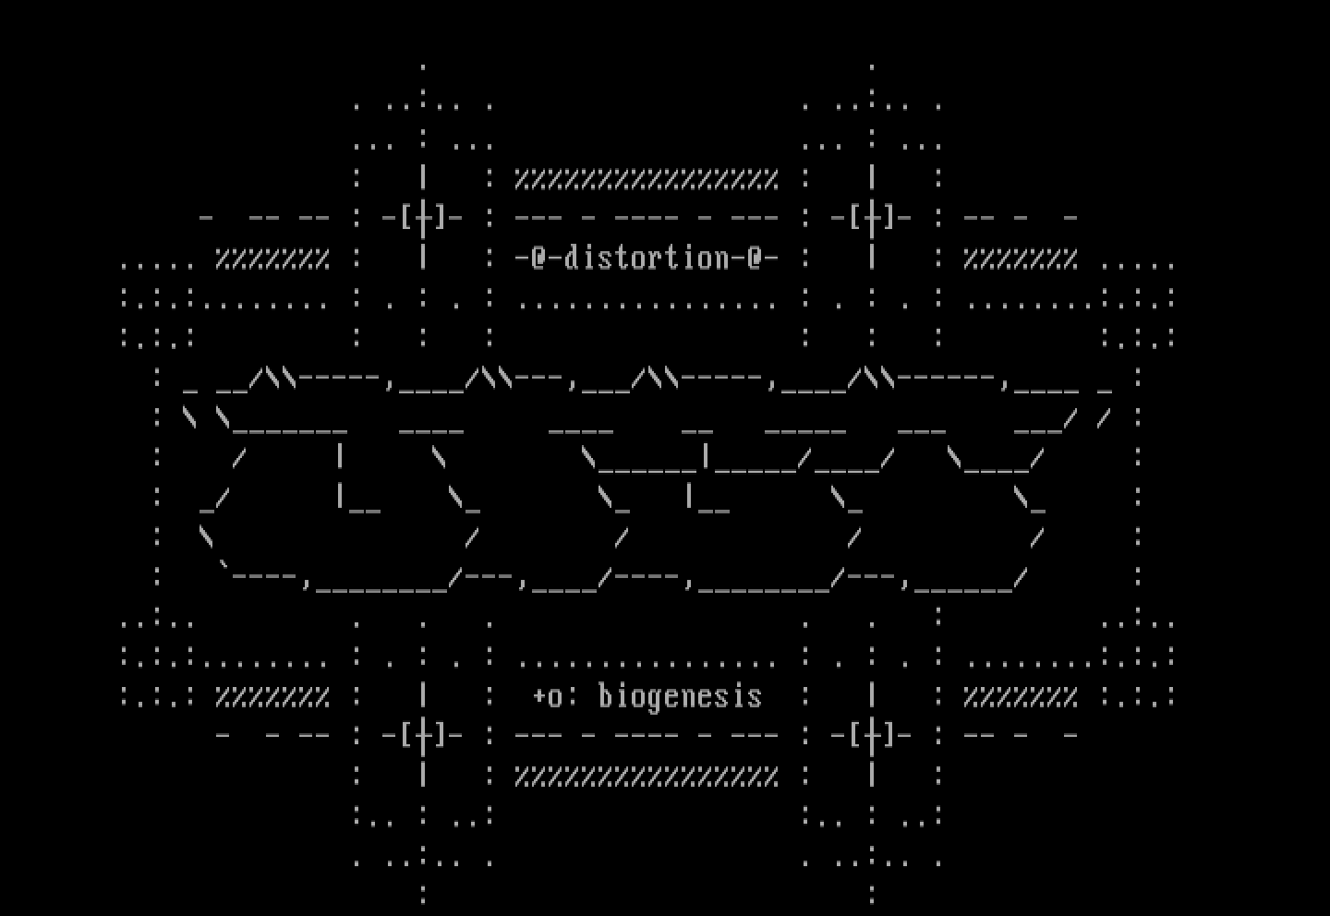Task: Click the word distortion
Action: coord(647,258)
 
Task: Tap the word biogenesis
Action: coord(680,696)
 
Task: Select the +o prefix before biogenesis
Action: coord(548,696)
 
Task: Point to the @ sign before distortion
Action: coord(539,258)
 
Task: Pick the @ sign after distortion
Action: coord(756,258)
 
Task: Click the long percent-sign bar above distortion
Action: coord(647,179)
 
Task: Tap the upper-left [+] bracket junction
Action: coord(423,219)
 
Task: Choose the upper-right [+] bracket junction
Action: coord(872,219)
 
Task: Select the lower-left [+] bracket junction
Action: coord(423,736)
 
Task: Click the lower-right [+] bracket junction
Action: coord(872,736)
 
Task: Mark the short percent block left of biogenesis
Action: coord(272,696)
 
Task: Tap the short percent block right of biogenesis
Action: coord(1021,696)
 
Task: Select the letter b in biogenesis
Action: coord(606,696)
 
